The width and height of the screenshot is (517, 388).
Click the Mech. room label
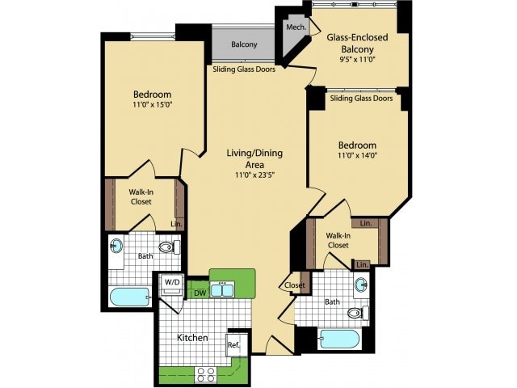[296, 27]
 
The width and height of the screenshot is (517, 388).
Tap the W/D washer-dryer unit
[172, 285]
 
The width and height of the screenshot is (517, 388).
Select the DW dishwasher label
[200, 293]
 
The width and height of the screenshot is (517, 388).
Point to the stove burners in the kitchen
[205, 375]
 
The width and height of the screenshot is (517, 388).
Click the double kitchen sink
[223, 289]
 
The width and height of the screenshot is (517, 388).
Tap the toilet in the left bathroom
[170, 247]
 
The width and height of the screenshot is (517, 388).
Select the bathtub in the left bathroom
[130, 297]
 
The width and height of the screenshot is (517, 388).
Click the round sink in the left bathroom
[116, 246]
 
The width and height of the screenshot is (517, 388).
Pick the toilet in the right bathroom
[358, 313]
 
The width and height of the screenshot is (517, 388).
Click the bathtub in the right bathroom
[339, 339]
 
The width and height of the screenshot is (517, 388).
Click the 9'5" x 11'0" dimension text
[357, 60]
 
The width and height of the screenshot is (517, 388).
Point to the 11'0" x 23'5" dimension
[254, 175]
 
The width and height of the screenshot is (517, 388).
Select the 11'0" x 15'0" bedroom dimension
[153, 105]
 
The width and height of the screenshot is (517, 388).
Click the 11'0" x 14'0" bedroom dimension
[357, 155]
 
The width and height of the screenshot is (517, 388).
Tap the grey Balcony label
[244, 44]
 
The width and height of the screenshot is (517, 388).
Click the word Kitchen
[192, 338]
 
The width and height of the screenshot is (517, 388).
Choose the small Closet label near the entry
[294, 285]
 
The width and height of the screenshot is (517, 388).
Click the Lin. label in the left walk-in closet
[176, 224]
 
